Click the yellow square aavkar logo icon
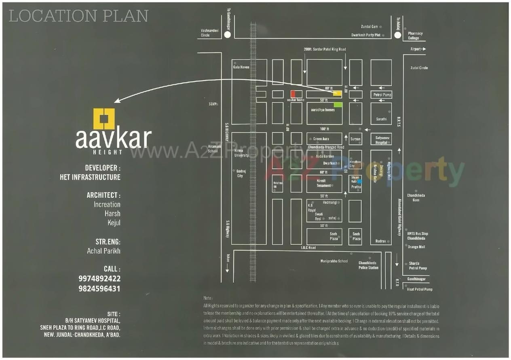pyautogui.click(x=104, y=119)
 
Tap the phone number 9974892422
pyautogui.click(x=99, y=279)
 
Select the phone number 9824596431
pyautogui.click(x=99, y=289)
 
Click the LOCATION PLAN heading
pyautogui.click(x=78, y=16)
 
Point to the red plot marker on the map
pyautogui.click(x=293, y=94)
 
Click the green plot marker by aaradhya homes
pyautogui.click(x=338, y=105)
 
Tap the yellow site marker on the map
pyautogui.click(x=337, y=93)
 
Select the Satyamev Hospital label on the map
pyautogui.click(x=381, y=140)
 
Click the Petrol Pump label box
pyautogui.click(x=382, y=95)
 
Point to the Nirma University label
pyautogui.click(x=241, y=153)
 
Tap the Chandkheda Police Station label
pyautogui.click(x=368, y=265)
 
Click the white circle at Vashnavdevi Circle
pyautogui.click(x=227, y=35)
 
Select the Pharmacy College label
pyautogui.click(x=415, y=36)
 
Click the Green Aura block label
pyautogui.click(x=321, y=139)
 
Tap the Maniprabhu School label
pyautogui.click(x=334, y=261)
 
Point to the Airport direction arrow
pyautogui.click(x=423, y=49)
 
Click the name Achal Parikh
pyautogui.click(x=103, y=251)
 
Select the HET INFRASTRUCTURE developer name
pyautogui.click(x=90, y=177)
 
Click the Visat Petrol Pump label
pyautogui.click(x=419, y=289)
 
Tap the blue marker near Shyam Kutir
pyautogui.click(x=359, y=182)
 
